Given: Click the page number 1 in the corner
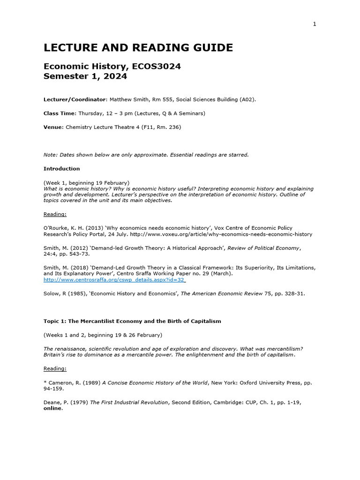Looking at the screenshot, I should [315, 24].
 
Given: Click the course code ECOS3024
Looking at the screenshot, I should [157, 67].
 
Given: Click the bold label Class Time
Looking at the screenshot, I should [60, 113].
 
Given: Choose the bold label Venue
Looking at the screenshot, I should [53, 127].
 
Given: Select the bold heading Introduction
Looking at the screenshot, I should [62, 169].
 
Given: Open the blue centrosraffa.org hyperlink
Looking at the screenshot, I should [114, 280].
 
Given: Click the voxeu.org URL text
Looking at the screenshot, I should [221, 234].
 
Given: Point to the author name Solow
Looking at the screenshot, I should [52, 293].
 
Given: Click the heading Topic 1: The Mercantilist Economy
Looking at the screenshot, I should [132, 321].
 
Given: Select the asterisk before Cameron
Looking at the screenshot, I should [45, 383].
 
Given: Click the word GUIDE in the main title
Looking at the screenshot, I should [212, 48].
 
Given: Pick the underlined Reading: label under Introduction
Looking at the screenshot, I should [55, 214].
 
